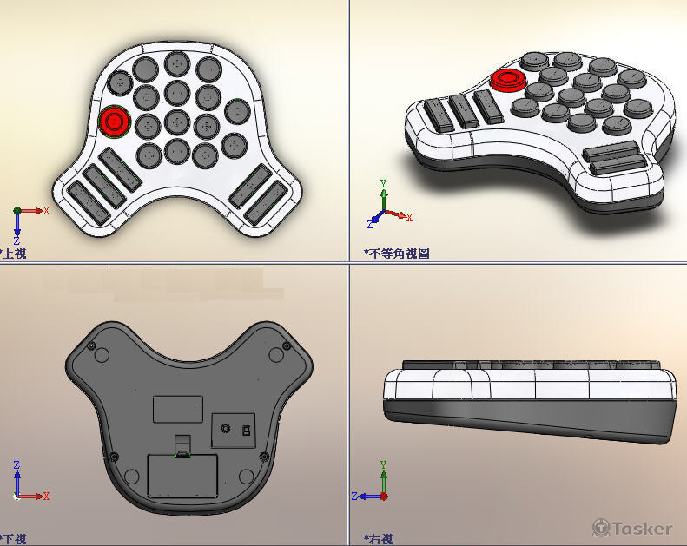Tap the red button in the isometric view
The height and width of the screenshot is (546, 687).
point(506,81)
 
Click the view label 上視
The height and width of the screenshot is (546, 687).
point(15,253)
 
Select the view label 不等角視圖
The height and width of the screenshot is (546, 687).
point(399,253)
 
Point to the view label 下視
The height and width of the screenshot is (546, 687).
point(15,538)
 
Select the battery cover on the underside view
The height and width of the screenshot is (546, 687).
point(182,476)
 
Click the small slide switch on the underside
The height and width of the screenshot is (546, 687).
point(246,430)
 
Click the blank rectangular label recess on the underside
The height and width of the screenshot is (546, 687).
point(177,409)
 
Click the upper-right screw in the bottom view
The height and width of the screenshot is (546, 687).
point(287,348)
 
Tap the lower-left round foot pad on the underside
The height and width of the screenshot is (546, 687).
point(132,476)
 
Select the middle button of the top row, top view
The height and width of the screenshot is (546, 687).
point(176,64)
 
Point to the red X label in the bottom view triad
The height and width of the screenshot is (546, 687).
point(46,496)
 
